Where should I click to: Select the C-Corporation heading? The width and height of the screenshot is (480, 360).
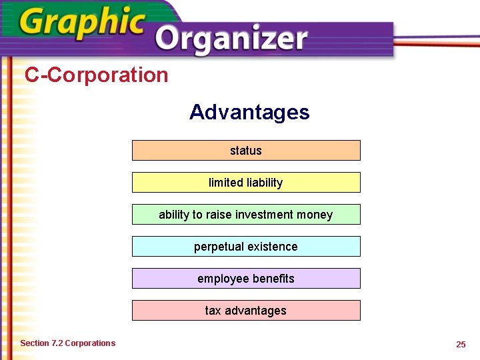tap(97, 75)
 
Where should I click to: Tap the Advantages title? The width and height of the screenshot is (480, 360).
tap(249, 112)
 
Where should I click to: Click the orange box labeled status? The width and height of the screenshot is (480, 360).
tap(246, 151)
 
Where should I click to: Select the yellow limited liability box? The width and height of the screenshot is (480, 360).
tap(246, 183)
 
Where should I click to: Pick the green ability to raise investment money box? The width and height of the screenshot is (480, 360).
tap(246, 215)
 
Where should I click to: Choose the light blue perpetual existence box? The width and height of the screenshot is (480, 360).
tap(246, 247)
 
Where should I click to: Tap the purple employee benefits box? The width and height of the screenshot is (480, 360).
tap(246, 279)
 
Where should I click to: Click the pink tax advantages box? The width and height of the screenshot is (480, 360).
tap(246, 311)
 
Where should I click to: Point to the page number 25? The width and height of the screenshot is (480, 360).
tap(461, 344)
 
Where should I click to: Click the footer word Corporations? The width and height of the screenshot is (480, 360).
tap(90, 343)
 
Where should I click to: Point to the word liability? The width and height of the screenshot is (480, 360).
tap(263, 183)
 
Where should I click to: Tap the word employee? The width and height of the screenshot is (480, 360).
tap(221, 279)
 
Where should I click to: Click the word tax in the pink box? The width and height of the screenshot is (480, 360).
tap(213, 311)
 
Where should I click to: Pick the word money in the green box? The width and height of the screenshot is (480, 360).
tap(317, 215)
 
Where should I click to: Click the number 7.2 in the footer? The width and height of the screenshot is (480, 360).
tap(57, 343)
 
